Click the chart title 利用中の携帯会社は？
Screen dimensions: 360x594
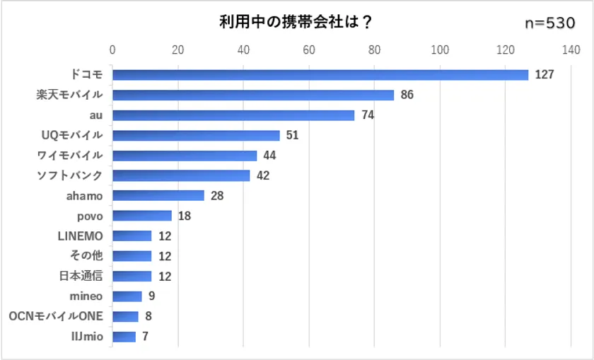[296, 22]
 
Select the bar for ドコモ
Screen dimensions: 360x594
[320, 75]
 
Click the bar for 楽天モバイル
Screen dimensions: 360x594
[253, 95]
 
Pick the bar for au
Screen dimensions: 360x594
[233, 115]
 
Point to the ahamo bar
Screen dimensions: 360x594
[158, 196]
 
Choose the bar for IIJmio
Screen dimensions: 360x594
[124, 337]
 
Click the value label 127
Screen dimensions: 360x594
[544, 75]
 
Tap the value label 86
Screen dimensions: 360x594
[407, 95]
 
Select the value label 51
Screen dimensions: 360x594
[292, 135]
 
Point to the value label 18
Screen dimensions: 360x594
[184, 216]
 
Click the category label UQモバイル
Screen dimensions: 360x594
[72, 135]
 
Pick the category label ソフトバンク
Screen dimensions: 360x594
[69, 175]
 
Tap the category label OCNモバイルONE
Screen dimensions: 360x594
[56, 316]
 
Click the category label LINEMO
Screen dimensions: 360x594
[80, 236]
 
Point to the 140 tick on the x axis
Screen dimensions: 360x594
[571, 50]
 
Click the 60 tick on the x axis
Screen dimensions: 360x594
[309, 50]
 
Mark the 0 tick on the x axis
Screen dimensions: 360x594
[112, 50]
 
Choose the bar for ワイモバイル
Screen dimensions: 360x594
[185, 156]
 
